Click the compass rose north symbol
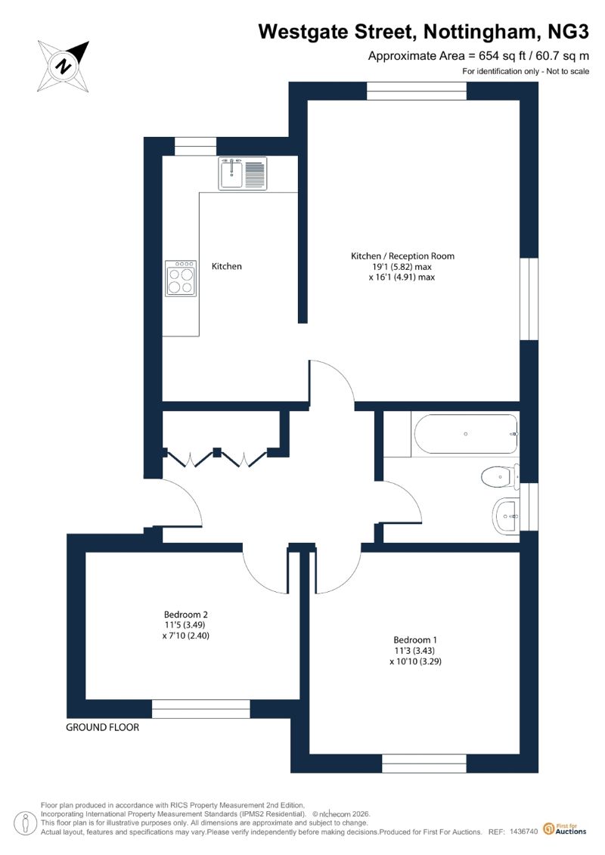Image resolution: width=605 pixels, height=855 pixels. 64,66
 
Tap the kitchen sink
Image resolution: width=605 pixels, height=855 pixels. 243,173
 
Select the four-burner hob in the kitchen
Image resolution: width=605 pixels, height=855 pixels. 181,278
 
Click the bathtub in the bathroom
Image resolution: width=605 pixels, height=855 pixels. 466,434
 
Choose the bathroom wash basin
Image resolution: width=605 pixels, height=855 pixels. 506,516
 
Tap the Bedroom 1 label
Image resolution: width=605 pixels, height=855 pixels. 415,640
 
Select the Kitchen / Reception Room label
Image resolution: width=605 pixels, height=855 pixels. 402,256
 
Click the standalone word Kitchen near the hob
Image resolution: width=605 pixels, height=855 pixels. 226,266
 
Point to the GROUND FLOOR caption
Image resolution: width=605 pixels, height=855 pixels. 103,727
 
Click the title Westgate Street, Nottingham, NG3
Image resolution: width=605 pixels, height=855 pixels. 423,32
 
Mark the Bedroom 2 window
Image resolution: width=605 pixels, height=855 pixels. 200,709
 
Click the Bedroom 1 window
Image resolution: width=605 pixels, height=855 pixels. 424,764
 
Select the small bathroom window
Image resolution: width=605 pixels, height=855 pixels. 529,508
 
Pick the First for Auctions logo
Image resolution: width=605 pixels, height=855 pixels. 565,829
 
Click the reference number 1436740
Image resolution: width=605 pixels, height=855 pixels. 524,832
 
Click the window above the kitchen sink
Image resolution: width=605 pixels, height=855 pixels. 195,147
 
